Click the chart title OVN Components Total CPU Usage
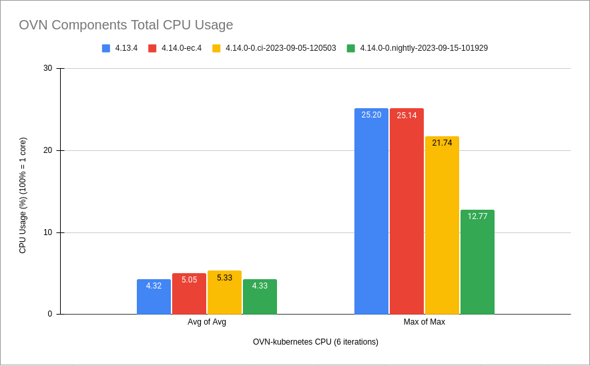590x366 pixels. point(126,25)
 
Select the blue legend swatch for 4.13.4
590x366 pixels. point(106,48)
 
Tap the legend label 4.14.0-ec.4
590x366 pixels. point(181,48)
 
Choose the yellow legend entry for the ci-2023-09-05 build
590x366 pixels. point(280,48)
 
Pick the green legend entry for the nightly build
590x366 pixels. point(424,48)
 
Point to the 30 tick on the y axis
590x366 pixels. point(47,68)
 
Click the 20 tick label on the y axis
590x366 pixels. point(47,150)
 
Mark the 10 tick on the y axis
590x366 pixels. point(47,232)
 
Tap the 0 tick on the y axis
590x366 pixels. point(50,314)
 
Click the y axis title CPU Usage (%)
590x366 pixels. point(23,195)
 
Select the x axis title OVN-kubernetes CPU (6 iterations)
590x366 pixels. point(315,342)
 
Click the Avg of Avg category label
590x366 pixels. point(207,322)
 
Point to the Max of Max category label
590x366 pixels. point(424,322)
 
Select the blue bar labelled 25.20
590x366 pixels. point(371,214)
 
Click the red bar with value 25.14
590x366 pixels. point(406,214)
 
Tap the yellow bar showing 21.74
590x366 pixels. point(442,227)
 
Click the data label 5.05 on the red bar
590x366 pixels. point(190,280)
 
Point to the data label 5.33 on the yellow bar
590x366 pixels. point(225,278)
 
